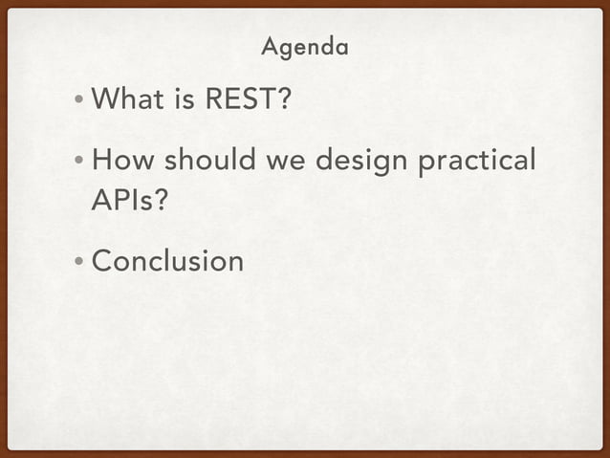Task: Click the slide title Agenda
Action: pyautogui.click(x=305, y=46)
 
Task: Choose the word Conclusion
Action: pyautogui.click(x=168, y=261)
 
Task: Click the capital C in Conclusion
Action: pyautogui.click(x=103, y=261)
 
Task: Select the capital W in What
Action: pyautogui.click(x=107, y=98)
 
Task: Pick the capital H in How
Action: pyautogui.click(x=103, y=162)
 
